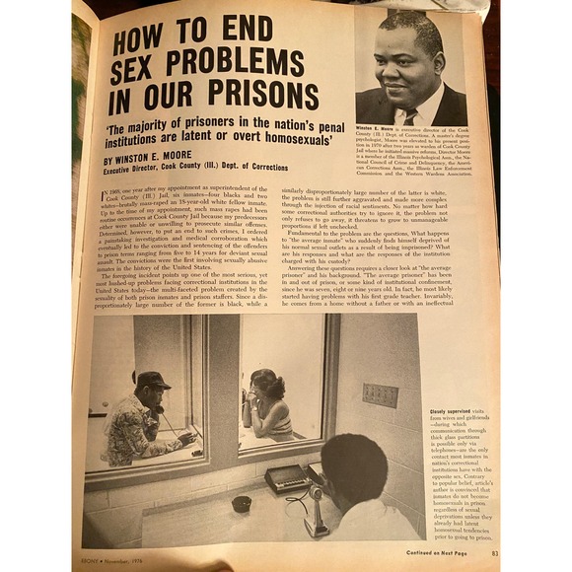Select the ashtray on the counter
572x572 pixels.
pos(241,504)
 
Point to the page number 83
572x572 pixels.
pos(495,553)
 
